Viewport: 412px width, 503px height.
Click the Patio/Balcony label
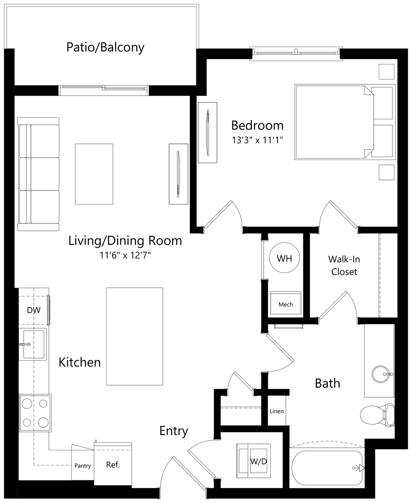pyautogui.click(x=105, y=47)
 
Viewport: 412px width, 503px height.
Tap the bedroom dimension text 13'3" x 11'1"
pyautogui.click(x=258, y=140)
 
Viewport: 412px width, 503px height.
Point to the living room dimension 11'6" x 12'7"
pyautogui.click(x=125, y=255)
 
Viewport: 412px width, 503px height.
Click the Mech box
pyautogui.click(x=285, y=303)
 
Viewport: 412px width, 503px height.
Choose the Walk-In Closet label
pyautogui.click(x=344, y=265)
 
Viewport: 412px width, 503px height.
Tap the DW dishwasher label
pyautogui.click(x=34, y=310)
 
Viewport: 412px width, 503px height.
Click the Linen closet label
pyautogui.click(x=277, y=411)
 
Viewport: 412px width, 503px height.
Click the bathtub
pyautogui.click(x=327, y=468)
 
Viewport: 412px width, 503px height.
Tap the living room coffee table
pyautogui.click(x=94, y=174)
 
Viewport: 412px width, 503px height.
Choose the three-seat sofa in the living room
pyautogui.click(x=38, y=174)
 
